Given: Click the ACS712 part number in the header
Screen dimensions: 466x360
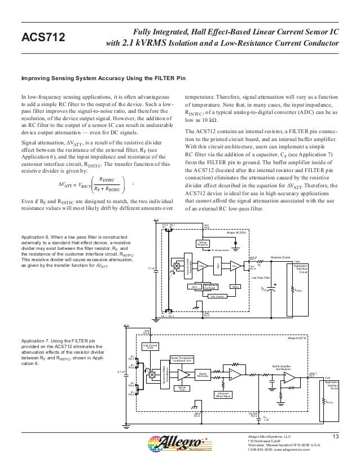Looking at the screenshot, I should click(43, 37).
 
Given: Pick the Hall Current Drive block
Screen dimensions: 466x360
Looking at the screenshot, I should click(149, 346).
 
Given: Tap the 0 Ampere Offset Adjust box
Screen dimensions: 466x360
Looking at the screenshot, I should click(222, 394).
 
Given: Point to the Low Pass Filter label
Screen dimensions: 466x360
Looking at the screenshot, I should click(261, 278).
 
